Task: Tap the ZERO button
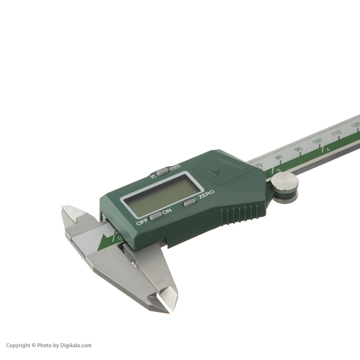(190, 202)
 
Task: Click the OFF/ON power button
(156, 216)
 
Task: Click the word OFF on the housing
(142, 222)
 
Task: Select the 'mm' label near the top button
(175, 167)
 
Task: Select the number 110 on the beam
(336, 133)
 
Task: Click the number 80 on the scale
(279, 157)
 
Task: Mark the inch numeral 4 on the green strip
(328, 149)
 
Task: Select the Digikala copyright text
(49, 346)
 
